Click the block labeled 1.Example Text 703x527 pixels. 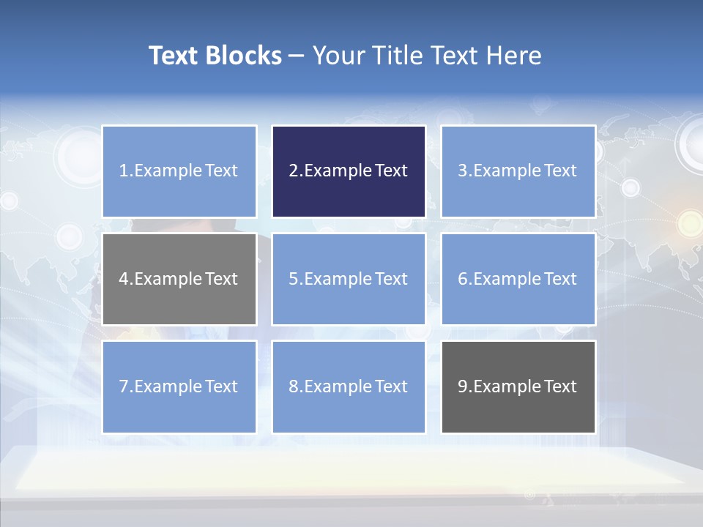click(x=179, y=171)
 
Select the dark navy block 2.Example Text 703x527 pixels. click(x=349, y=171)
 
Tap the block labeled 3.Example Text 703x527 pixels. click(x=518, y=171)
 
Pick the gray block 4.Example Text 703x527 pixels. click(x=179, y=279)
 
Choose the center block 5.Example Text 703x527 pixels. click(x=349, y=279)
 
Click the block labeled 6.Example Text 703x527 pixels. click(x=518, y=279)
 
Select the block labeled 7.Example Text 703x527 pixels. click(x=179, y=386)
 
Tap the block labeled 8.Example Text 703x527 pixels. click(x=349, y=386)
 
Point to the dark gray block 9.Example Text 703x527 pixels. click(x=518, y=386)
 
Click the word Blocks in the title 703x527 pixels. click(x=245, y=56)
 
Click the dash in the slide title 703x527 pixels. click(x=297, y=56)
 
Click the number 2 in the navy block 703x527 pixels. click(x=293, y=171)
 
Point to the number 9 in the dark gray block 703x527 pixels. click(x=463, y=386)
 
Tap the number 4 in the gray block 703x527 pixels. click(x=124, y=279)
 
